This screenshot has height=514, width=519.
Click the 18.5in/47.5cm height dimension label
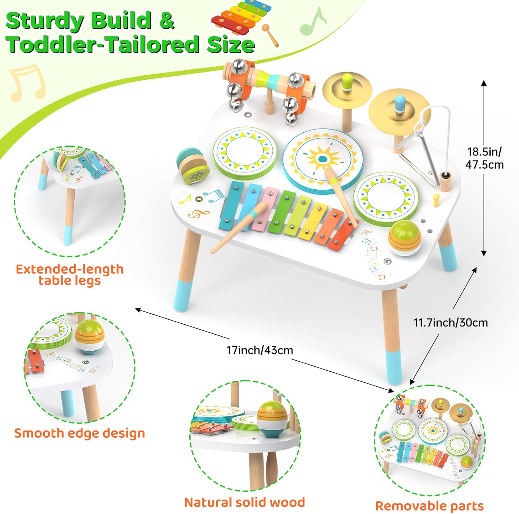click(x=484, y=158)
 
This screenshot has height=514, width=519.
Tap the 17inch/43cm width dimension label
click(x=259, y=350)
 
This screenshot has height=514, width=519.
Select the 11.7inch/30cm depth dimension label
click(x=450, y=323)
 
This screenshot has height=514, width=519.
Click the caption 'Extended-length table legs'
click(x=70, y=275)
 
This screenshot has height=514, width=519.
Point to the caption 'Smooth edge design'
click(x=79, y=433)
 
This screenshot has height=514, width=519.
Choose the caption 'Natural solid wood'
click(x=244, y=502)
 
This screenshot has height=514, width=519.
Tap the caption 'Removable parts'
click(x=429, y=506)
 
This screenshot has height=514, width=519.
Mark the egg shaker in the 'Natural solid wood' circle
click(x=273, y=418)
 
